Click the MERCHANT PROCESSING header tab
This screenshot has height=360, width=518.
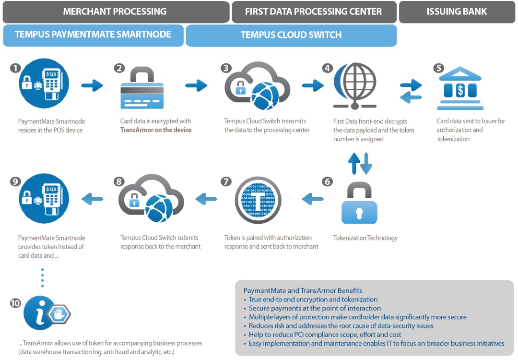[x=115, y=12]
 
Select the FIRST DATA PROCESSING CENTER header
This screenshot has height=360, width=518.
[x=314, y=12]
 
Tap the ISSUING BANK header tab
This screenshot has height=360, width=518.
[x=457, y=12]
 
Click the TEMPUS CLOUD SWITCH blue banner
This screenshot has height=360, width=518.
[x=291, y=35]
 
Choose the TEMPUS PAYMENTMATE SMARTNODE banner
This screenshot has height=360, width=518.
[x=93, y=35]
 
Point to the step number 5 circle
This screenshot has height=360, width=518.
[x=438, y=68]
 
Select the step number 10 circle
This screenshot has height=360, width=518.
[x=15, y=303]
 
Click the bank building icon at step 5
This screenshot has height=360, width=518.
[x=460, y=89]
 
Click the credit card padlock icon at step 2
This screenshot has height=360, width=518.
[x=142, y=89]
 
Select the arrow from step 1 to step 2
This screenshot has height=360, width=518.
[x=92, y=86]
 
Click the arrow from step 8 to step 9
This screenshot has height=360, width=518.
[x=92, y=199]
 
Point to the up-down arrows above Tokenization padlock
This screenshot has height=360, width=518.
[x=360, y=164]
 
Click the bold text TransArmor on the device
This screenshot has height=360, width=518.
[x=156, y=130]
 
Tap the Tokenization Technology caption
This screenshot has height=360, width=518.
[x=365, y=238]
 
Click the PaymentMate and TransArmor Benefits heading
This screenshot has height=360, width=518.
[x=303, y=290]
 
